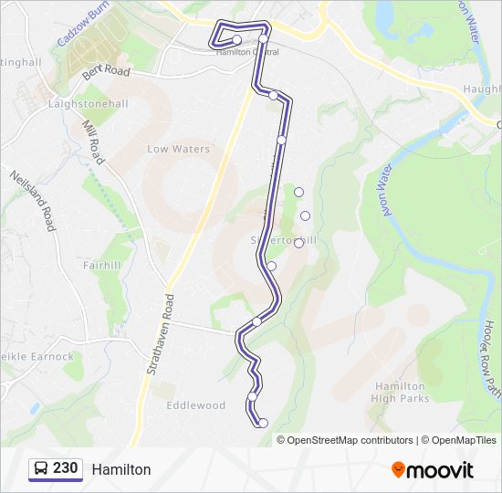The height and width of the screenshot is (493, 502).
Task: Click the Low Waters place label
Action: (x=179, y=149)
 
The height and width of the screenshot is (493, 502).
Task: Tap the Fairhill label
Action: (x=101, y=266)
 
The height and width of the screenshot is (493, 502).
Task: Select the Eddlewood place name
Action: (x=195, y=404)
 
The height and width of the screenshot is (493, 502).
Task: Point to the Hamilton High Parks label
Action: (x=400, y=393)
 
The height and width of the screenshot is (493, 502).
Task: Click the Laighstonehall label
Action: (x=87, y=105)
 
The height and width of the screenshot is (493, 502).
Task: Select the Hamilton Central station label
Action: (x=247, y=52)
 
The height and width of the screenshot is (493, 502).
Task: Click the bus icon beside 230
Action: (x=41, y=468)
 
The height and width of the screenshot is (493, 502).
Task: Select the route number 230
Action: (x=66, y=468)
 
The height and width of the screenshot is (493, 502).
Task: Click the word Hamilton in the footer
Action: (x=120, y=469)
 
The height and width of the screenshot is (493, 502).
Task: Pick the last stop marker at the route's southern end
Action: (x=263, y=423)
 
